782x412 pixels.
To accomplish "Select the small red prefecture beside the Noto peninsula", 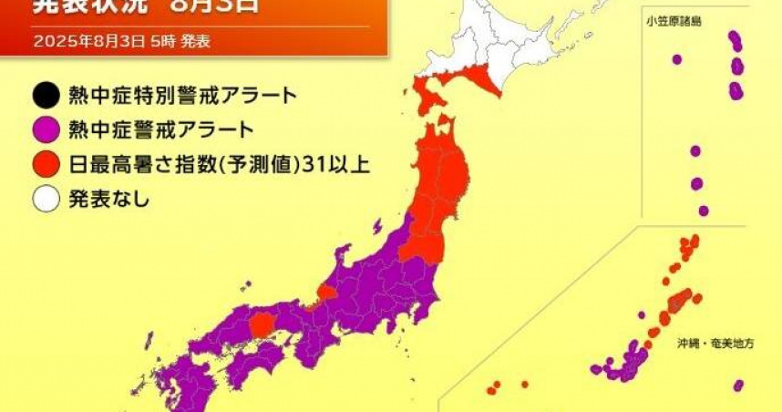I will pyautogui.click(x=325, y=293).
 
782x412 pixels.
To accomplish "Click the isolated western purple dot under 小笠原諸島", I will pyautogui.click(x=677, y=59).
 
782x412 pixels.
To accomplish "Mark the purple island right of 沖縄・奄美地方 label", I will pyautogui.click(x=736, y=386).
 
